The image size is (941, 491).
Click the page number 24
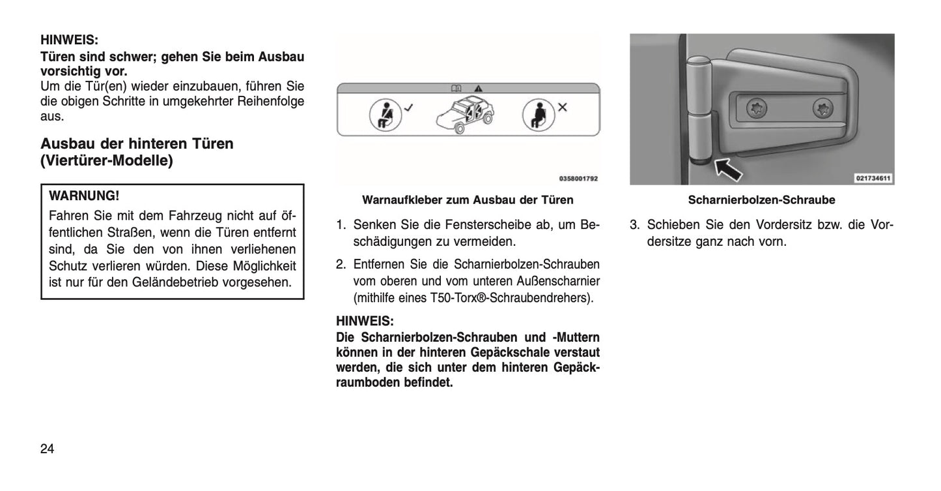click(48, 449)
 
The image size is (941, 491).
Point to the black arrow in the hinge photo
click(729, 170)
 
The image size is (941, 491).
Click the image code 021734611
click(873, 178)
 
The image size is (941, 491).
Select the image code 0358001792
click(578, 178)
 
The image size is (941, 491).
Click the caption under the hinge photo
click(761, 200)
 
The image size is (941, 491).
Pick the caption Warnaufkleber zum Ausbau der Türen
click(468, 200)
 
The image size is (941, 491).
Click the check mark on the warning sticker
click(408, 108)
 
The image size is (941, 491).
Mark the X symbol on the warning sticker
click(562, 108)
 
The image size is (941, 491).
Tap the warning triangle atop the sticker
click(479, 87)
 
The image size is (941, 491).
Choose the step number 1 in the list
click(340, 226)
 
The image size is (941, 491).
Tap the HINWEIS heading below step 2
click(365, 321)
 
